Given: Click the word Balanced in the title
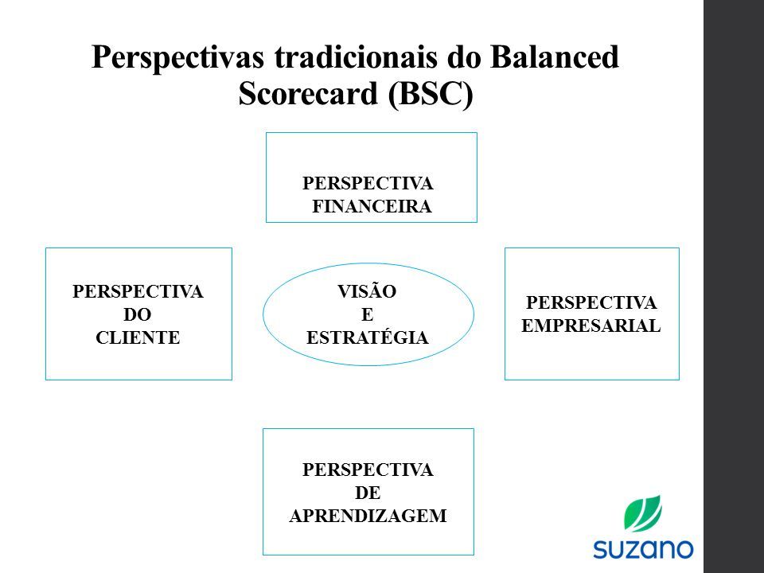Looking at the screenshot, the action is tap(555, 57).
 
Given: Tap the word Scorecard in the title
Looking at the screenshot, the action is tap(309, 93).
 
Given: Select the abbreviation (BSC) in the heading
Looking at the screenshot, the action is tap(431, 94).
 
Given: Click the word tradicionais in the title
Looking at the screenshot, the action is tap(356, 57).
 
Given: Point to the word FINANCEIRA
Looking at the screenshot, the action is tap(372, 206).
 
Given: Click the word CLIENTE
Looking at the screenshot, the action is tap(138, 337).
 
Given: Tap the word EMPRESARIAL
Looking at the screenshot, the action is tap(591, 325).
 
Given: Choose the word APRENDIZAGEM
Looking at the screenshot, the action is tap(368, 516).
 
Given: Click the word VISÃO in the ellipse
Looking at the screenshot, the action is tap(367, 291).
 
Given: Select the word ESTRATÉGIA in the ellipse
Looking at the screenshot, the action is tap(368, 337).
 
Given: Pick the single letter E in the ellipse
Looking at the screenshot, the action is tap(368, 314).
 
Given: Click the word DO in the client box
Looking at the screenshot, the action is tap(138, 314).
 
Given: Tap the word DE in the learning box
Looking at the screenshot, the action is tap(368, 493).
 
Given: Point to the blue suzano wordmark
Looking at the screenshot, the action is tap(643, 549).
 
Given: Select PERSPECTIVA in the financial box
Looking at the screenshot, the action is tap(368, 183).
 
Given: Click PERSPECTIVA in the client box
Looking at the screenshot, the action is tap(138, 291).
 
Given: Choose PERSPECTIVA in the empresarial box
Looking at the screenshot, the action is tap(591, 302).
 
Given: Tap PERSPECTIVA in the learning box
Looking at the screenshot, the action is tap(368, 470).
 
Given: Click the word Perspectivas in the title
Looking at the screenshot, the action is tap(177, 57).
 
